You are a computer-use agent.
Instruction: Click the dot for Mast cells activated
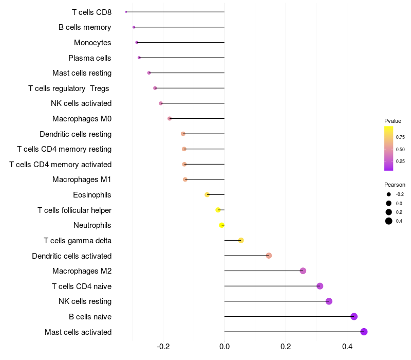pyautogui.click(x=364, y=332)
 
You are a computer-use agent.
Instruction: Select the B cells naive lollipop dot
pyautogui.click(x=354, y=316)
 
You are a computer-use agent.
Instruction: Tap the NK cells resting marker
pyautogui.click(x=329, y=301)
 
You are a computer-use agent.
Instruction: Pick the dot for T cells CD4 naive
pyautogui.click(x=320, y=286)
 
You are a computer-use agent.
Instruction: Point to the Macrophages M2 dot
pyautogui.click(x=303, y=271)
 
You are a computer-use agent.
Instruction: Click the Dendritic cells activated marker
pyautogui.click(x=269, y=256)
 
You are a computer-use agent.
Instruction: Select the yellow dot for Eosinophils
pyautogui.click(x=207, y=195)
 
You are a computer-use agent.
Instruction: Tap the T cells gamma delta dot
pyautogui.click(x=241, y=240)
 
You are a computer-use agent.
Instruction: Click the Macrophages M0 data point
pyautogui.click(x=170, y=119)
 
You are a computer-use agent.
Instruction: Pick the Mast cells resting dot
pyautogui.click(x=149, y=73)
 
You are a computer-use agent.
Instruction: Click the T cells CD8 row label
pyautogui.click(x=91, y=12)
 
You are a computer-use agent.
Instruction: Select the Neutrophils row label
pyautogui.click(x=92, y=225)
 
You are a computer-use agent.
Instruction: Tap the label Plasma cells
pyautogui.click(x=90, y=58)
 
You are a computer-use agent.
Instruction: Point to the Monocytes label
pyautogui.click(x=92, y=43)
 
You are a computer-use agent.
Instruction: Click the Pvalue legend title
pyautogui.click(x=393, y=121)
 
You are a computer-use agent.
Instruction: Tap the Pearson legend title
pyautogui.click(x=395, y=185)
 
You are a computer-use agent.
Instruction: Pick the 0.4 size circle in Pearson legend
pyautogui.click(x=389, y=221)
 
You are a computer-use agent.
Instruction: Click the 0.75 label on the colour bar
pyautogui.click(x=400, y=137)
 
